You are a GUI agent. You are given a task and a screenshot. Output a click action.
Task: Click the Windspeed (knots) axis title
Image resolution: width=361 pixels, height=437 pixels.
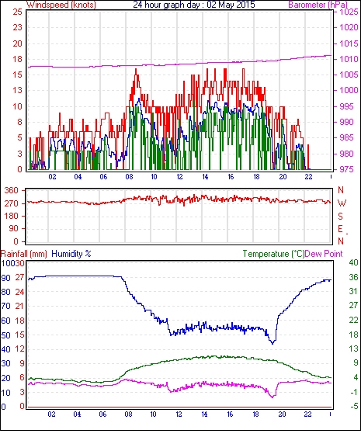[x=61, y=5]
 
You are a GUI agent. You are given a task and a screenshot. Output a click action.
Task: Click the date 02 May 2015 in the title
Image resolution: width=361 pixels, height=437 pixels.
[x=231, y=5]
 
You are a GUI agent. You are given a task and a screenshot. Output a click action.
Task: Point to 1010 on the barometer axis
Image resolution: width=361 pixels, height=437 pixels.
[x=349, y=59]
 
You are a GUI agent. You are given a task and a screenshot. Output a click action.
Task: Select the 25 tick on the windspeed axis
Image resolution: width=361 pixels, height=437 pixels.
[x=17, y=12]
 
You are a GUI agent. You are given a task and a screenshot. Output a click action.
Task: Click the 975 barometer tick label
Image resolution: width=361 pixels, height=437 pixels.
[x=347, y=169]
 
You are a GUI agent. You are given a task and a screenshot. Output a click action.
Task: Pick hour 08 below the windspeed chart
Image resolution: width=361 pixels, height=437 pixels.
[x=129, y=177]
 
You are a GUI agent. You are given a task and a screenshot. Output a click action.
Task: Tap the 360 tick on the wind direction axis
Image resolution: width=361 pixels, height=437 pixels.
[x=11, y=191]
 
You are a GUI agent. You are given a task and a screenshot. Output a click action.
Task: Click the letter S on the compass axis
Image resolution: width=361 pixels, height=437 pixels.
[x=340, y=217]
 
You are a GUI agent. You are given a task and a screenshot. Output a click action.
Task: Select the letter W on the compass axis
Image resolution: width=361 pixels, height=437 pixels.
[x=342, y=203]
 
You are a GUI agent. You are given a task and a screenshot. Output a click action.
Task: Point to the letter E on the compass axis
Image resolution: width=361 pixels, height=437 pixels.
[x=340, y=229]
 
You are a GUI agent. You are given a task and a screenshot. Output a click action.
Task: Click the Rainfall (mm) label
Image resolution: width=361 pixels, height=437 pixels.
[x=24, y=254]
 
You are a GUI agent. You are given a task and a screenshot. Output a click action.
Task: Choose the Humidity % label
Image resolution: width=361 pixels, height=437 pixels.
[x=71, y=254]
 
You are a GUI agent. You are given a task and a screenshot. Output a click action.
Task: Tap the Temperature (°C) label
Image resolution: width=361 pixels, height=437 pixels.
[x=273, y=254]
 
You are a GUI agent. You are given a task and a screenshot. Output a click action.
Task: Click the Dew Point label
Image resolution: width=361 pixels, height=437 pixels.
[x=324, y=254]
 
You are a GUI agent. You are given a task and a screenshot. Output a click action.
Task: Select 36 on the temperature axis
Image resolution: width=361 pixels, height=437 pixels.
[x=353, y=277]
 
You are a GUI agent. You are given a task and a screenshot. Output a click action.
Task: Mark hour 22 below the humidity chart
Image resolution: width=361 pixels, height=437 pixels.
[x=307, y=414]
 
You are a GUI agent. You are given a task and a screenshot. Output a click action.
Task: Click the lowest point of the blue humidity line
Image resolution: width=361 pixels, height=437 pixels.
[x=272, y=344]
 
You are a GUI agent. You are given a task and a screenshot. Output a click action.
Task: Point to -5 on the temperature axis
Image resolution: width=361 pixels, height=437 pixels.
[x=354, y=407]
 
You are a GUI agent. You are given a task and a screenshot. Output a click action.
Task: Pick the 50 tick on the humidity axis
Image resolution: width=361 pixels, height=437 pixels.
[x=6, y=335]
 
